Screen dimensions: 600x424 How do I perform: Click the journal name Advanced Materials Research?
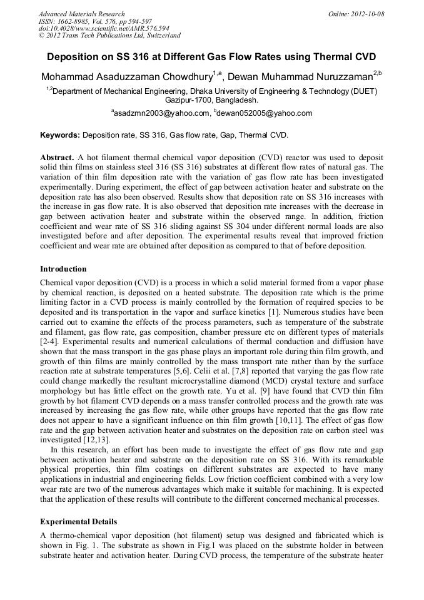(81, 14)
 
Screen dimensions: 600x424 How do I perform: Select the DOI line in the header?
(104, 29)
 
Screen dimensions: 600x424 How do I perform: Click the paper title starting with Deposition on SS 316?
(211, 56)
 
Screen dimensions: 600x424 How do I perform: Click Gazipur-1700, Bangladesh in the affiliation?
(211, 99)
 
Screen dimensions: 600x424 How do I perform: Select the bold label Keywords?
(60, 135)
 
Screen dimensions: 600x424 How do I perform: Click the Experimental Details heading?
(78, 521)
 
